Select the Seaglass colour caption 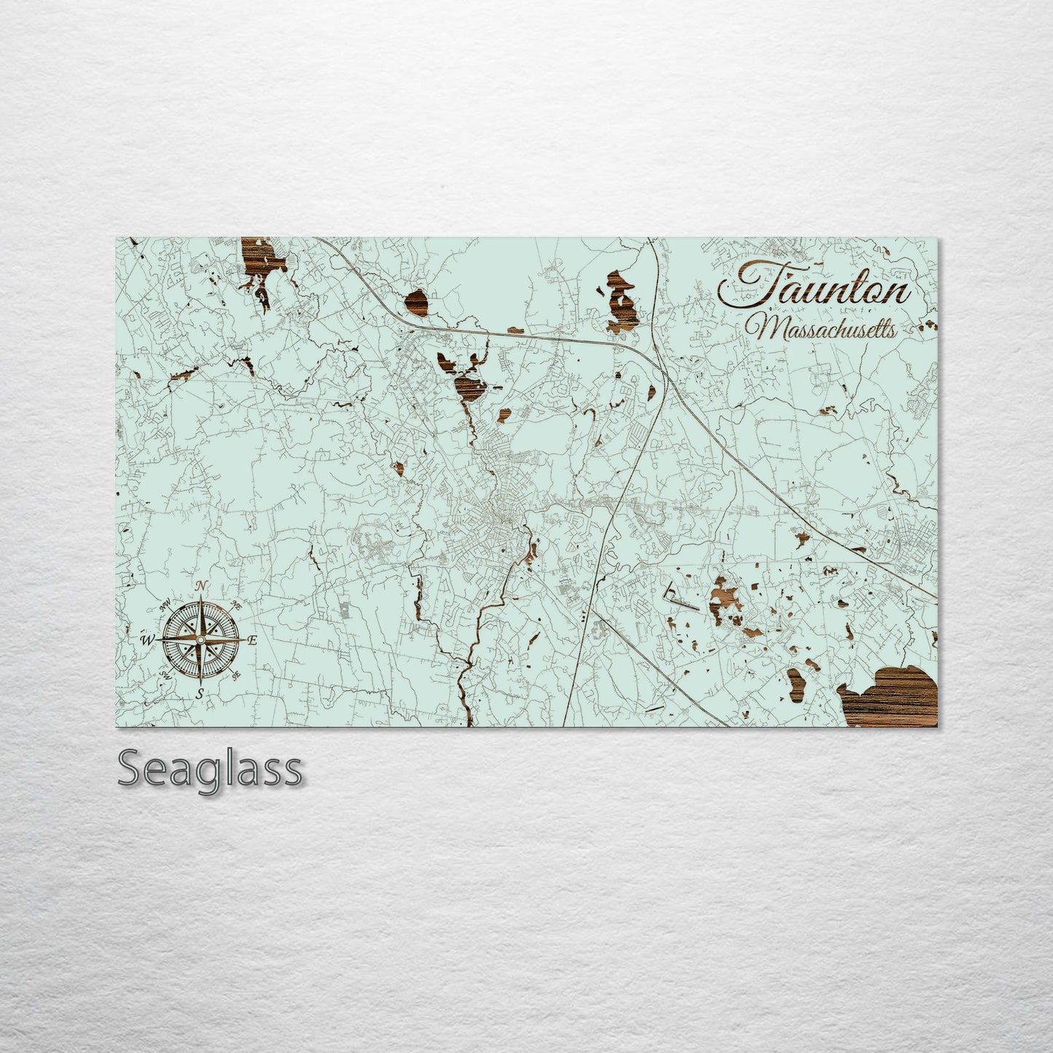point(209,769)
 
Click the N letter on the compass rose point(201,586)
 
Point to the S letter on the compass point(200,693)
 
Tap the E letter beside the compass point(253,641)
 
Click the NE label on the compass point(236,605)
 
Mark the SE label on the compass point(236,676)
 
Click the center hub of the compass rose point(200,639)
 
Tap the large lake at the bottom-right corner point(893,697)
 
